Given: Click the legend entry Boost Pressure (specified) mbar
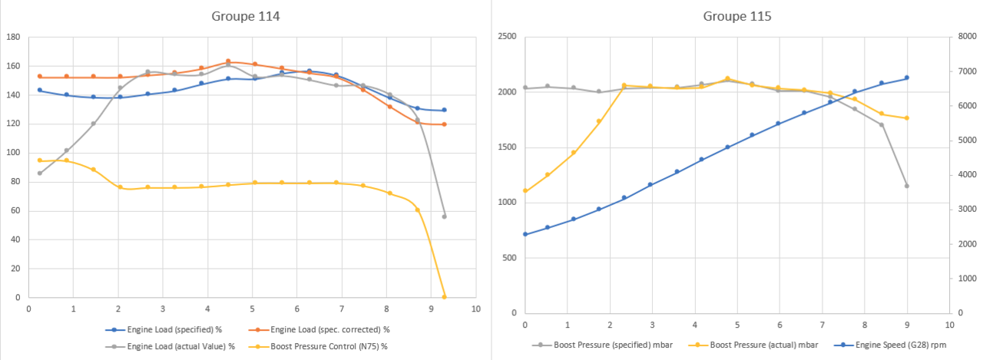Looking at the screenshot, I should click(607, 345).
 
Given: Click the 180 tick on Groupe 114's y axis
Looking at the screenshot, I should click(13, 37).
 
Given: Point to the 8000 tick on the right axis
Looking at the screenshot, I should click(965, 37).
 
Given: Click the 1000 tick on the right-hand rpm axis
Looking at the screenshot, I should click(965, 279).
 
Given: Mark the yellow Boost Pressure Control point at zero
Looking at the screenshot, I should click(444, 297).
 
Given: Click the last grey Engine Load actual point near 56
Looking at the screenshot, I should click(444, 216).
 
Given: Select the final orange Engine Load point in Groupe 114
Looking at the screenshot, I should click(444, 124).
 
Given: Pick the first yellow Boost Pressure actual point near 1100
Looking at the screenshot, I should click(525, 191).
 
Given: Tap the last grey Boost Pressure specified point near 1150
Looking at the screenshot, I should click(906, 186).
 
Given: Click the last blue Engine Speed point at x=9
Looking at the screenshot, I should click(906, 78).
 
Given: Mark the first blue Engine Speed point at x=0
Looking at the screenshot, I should click(525, 234).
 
